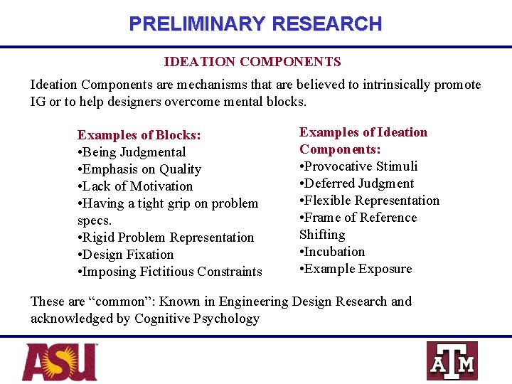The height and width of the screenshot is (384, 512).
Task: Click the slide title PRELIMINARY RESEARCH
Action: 255,24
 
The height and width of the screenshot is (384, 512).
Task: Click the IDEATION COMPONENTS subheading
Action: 252,63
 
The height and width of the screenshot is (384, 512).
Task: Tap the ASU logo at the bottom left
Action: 60,361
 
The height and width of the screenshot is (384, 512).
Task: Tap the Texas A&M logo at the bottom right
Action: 452,361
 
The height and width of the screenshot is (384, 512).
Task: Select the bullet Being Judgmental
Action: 134,152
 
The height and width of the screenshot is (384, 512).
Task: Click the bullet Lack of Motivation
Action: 137,186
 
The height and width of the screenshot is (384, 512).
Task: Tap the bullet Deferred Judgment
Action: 357,183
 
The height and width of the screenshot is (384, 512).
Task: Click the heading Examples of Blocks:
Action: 139,135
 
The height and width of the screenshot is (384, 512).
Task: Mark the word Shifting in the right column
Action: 322,235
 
